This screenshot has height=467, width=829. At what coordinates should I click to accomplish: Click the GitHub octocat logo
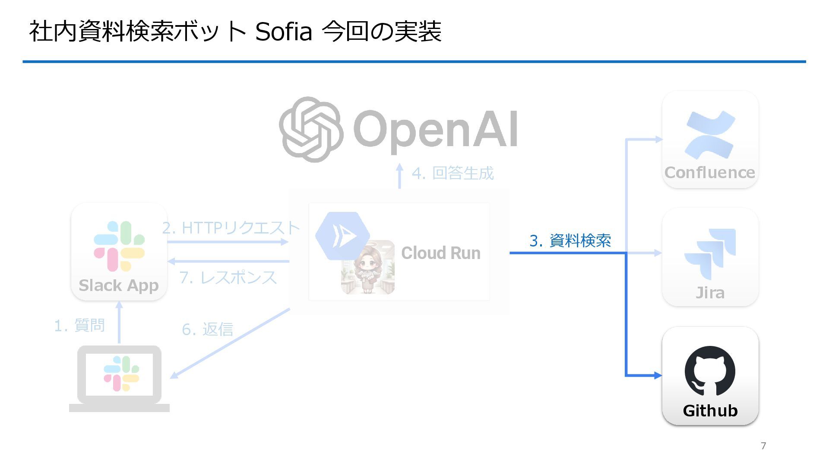click(710, 371)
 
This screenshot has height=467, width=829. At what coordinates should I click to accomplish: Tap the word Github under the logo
click(710, 410)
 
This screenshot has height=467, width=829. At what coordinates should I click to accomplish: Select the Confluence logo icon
click(710, 134)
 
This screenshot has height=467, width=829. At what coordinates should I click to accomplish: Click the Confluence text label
click(710, 173)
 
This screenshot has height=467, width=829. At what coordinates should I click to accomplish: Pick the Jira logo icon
click(710, 253)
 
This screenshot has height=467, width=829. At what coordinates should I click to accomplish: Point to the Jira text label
click(710, 293)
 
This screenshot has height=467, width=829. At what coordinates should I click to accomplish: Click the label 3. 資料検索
click(570, 241)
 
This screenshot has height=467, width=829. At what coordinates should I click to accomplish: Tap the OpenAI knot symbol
click(311, 129)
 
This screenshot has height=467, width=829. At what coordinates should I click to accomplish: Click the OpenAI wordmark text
click(435, 129)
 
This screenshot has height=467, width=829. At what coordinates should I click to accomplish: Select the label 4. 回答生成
click(452, 173)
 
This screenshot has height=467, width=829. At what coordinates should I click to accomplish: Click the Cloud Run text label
click(440, 253)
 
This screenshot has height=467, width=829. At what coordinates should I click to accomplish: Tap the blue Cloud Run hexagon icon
click(342, 235)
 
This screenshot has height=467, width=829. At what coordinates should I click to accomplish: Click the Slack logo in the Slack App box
click(119, 246)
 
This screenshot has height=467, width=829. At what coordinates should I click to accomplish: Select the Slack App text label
click(119, 285)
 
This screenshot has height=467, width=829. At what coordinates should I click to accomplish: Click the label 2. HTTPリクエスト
click(231, 227)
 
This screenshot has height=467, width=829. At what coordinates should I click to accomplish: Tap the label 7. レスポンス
click(228, 277)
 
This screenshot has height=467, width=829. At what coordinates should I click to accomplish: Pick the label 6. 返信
click(207, 329)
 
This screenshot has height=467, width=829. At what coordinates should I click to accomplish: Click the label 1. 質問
click(79, 325)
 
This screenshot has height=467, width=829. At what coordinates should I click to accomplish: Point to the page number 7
click(763, 446)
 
